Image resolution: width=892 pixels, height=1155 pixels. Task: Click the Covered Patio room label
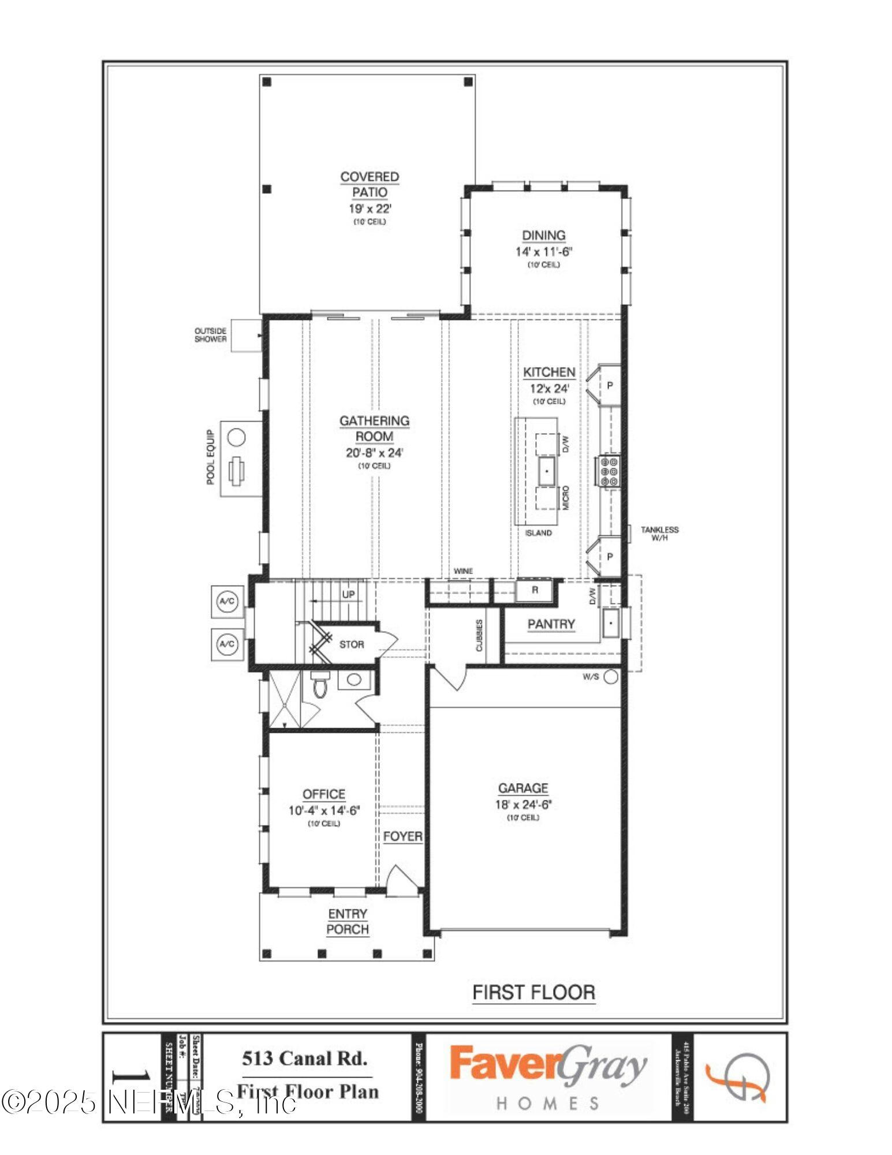[x=370, y=184]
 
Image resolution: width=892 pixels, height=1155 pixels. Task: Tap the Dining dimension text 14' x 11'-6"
[x=543, y=252]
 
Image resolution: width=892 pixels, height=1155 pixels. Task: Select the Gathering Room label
[x=374, y=429]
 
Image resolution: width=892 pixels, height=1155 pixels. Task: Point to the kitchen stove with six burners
[x=609, y=471]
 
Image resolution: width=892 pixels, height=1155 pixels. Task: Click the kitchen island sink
[x=546, y=471]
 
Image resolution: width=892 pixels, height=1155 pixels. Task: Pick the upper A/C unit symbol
[x=227, y=601]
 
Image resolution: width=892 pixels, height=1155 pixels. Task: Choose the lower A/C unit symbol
[x=227, y=644]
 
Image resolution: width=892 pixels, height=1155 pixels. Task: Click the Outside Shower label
[x=210, y=335]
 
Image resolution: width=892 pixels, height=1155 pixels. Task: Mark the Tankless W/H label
[x=659, y=533]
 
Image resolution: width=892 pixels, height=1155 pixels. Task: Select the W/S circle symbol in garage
[x=611, y=677]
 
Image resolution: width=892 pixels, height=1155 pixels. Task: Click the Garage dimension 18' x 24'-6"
[x=523, y=804]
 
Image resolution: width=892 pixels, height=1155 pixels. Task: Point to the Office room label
[x=324, y=794]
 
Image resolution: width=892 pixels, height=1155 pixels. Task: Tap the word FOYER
[x=402, y=836]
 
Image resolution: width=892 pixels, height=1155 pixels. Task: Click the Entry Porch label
[x=347, y=922]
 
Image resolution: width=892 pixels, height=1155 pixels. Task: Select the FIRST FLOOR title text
[x=533, y=993]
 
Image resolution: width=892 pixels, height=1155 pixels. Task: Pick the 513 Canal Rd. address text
[x=305, y=1059]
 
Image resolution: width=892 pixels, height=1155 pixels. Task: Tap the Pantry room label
[x=551, y=624]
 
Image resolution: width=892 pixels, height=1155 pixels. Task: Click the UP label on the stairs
[x=348, y=594]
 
